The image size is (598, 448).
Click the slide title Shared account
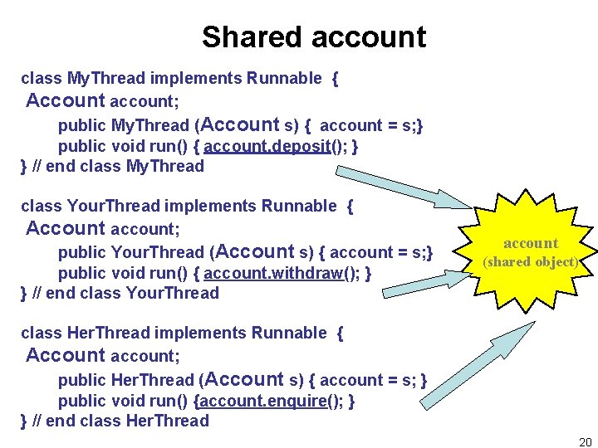pos(313,37)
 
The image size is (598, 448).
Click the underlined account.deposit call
pos(276,147)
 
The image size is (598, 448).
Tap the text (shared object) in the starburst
pos(532,262)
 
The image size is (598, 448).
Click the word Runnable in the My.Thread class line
pos(283,79)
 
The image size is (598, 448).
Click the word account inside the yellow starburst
pos(532,243)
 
